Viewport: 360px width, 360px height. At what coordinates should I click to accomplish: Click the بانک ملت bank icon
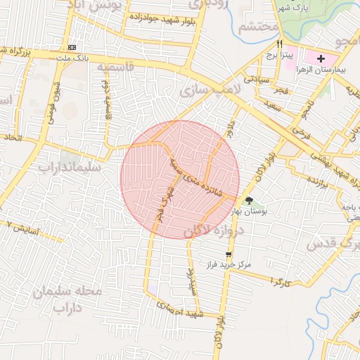[73, 47]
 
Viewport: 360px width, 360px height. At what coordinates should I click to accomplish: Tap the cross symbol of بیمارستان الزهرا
[321, 58]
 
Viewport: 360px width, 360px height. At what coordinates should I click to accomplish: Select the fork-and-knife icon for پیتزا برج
[280, 44]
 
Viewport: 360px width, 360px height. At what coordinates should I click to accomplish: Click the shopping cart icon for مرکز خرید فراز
[228, 254]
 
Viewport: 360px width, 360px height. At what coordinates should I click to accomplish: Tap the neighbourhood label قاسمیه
[115, 67]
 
